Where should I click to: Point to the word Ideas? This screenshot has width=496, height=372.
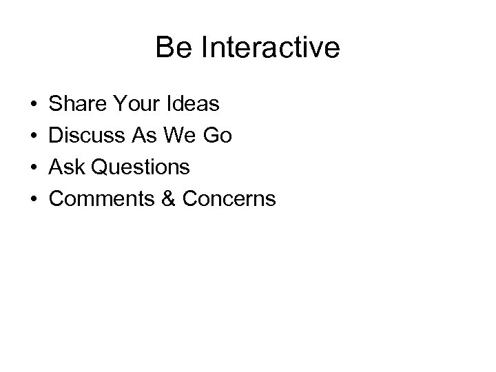pos(193,105)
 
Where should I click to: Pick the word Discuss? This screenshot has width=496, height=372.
pos(87,136)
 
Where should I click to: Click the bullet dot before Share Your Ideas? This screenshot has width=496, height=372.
pos(33,105)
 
